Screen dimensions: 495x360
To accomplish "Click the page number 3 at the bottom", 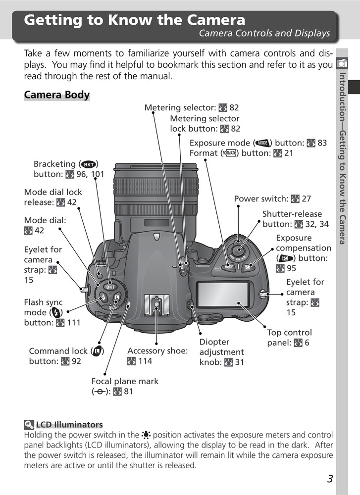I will [330, 479].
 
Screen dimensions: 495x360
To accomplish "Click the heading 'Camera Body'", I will [56, 95].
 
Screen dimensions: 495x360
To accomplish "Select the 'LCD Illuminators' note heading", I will [69, 424].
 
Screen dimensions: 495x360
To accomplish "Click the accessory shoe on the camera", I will [156, 305].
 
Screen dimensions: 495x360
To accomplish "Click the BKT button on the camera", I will [110, 287].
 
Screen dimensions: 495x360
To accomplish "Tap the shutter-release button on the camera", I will [240, 244].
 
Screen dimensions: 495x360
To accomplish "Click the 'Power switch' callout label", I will [261, 199].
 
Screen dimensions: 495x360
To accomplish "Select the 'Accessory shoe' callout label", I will [157, 351].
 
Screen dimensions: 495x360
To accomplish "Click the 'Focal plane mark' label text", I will [125, 381].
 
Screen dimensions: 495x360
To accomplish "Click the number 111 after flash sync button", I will [73, 323].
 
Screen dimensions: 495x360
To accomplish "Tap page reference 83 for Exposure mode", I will [322, 143].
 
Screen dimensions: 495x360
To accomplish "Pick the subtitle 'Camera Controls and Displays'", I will [264, 34].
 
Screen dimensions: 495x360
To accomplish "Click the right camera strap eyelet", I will [264, 294].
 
